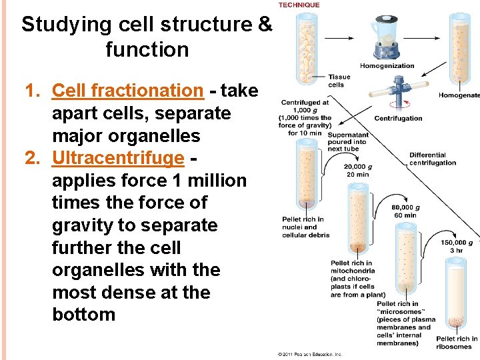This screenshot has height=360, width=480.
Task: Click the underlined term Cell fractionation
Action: click(127, 91)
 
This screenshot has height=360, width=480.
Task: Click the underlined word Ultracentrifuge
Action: click(117, 158)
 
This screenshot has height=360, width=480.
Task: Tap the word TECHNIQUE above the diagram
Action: click(299, 5)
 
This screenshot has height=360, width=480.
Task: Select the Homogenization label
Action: click(387, 66)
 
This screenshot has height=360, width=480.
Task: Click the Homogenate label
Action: click(459, 95)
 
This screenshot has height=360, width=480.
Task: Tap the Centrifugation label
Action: click(398, 118)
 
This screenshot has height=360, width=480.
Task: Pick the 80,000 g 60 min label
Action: click(405, 211)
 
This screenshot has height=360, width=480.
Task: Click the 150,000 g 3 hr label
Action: click(457, 247)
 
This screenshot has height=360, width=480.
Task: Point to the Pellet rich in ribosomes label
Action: click(457, 343)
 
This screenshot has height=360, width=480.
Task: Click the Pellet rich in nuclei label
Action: click(303, 227)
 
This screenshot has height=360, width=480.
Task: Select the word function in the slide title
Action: click(147, 49)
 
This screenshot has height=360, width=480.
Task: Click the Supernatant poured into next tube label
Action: click(347, 141)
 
